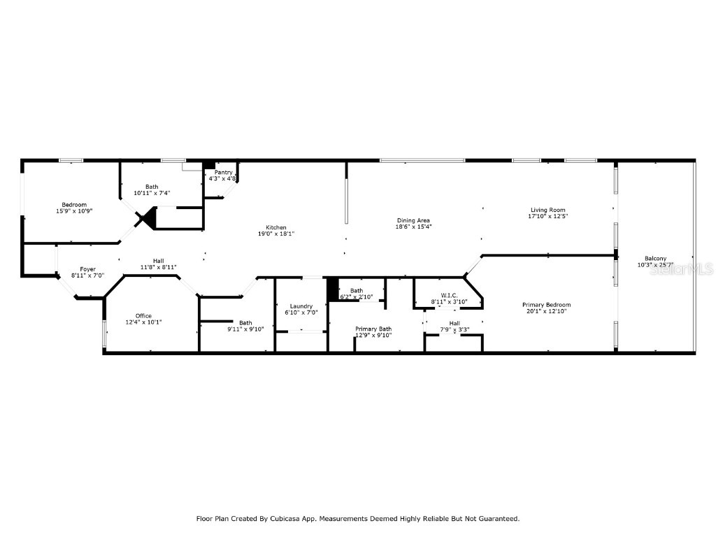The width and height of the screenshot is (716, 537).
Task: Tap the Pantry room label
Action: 223,173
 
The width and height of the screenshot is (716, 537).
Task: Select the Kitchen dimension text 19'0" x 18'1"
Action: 275,234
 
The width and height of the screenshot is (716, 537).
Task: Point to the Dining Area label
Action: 413,220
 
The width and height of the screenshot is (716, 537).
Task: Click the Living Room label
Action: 547,210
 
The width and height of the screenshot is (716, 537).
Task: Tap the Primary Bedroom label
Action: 547,305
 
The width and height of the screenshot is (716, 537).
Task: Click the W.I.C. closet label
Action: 449,295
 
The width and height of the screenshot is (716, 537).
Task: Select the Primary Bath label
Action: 373,329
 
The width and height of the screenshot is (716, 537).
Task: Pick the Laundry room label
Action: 301,306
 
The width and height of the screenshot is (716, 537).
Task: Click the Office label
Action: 143,316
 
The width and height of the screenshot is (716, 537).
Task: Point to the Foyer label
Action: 87,269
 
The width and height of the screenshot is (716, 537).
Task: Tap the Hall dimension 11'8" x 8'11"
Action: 159,267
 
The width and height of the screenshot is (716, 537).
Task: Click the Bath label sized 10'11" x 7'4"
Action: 152,187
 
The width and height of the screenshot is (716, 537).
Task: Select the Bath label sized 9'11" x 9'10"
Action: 245,323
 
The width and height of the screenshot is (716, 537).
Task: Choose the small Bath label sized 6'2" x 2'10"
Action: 357,290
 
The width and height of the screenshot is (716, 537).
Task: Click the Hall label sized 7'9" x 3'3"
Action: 454,323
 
